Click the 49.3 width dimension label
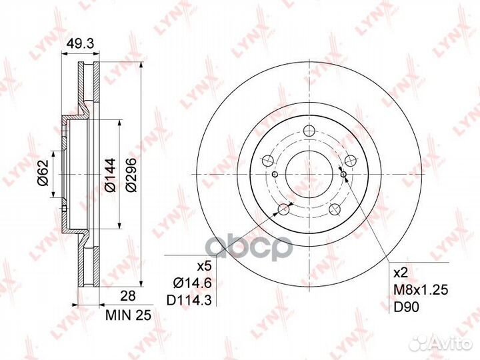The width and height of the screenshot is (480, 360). coord(80,45)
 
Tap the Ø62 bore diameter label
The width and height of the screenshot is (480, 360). coord(43,173)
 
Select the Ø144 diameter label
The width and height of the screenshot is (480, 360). coord(111,175)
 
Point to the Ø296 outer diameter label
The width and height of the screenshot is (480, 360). coord(131,175)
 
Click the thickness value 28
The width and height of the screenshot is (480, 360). coord(128,296)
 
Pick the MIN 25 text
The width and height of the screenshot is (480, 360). coord(129,315)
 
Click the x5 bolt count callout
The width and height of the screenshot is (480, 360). coord(204,267)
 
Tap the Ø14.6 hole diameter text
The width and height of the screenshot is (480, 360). coord(193,283)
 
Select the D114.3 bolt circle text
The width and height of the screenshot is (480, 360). coord(189,301)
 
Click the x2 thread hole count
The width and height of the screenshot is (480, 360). coord(401,273)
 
